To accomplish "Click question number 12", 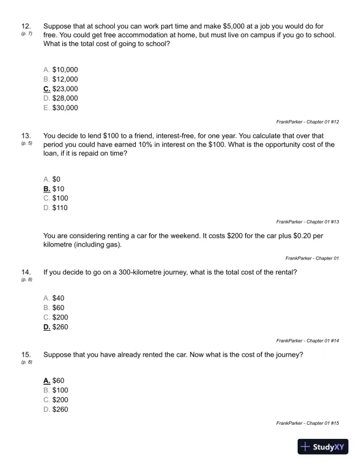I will point(26,26).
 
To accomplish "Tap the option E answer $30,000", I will point(61,108).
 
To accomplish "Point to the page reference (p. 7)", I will point(26,34).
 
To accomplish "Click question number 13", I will point(26,135).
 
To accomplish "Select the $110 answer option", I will point(56,207).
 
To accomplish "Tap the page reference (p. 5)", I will point(26,143).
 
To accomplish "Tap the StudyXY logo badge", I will point(324,447).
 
